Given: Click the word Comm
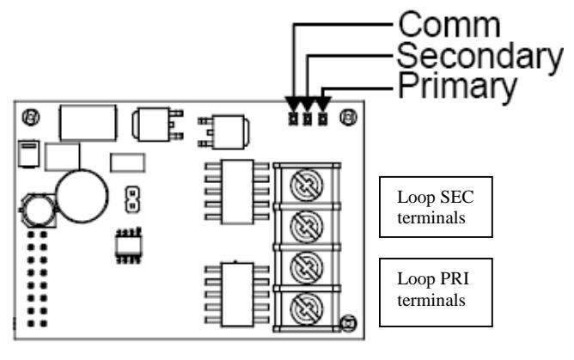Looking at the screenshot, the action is (x=449, y=24).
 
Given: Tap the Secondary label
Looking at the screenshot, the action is (x=479, y=57).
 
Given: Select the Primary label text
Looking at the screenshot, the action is (x=457, y=87).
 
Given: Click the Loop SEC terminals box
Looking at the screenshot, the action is (x=436, y=207).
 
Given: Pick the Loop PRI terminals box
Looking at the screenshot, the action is (x=436, y=292).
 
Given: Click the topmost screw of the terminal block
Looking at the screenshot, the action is (x=307, y=185).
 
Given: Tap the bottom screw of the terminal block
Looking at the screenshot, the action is (x=307, y=309).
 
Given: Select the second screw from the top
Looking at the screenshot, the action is (x=307, y=227).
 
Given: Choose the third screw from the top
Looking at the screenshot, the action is (x=307, y=268).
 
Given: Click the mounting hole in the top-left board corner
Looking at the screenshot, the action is (x=31, y=118).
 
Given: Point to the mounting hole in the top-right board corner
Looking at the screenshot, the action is (x=348, y=118).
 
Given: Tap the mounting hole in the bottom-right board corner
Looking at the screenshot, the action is (x=348, y=323).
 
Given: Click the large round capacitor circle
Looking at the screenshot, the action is (x=82, y=196).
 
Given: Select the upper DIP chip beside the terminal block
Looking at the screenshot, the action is (x=237, y=192).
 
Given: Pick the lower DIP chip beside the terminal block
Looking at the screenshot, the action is (x=237, y=295).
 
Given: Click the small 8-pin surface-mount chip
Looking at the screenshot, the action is (x=129, y=246).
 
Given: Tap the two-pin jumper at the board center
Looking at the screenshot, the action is (x=132, y=199).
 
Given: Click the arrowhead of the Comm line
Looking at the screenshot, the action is (x=293, y=104).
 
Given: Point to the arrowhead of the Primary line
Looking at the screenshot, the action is (x=322, y=104).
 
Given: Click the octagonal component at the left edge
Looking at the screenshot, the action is (x=38, y=211).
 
